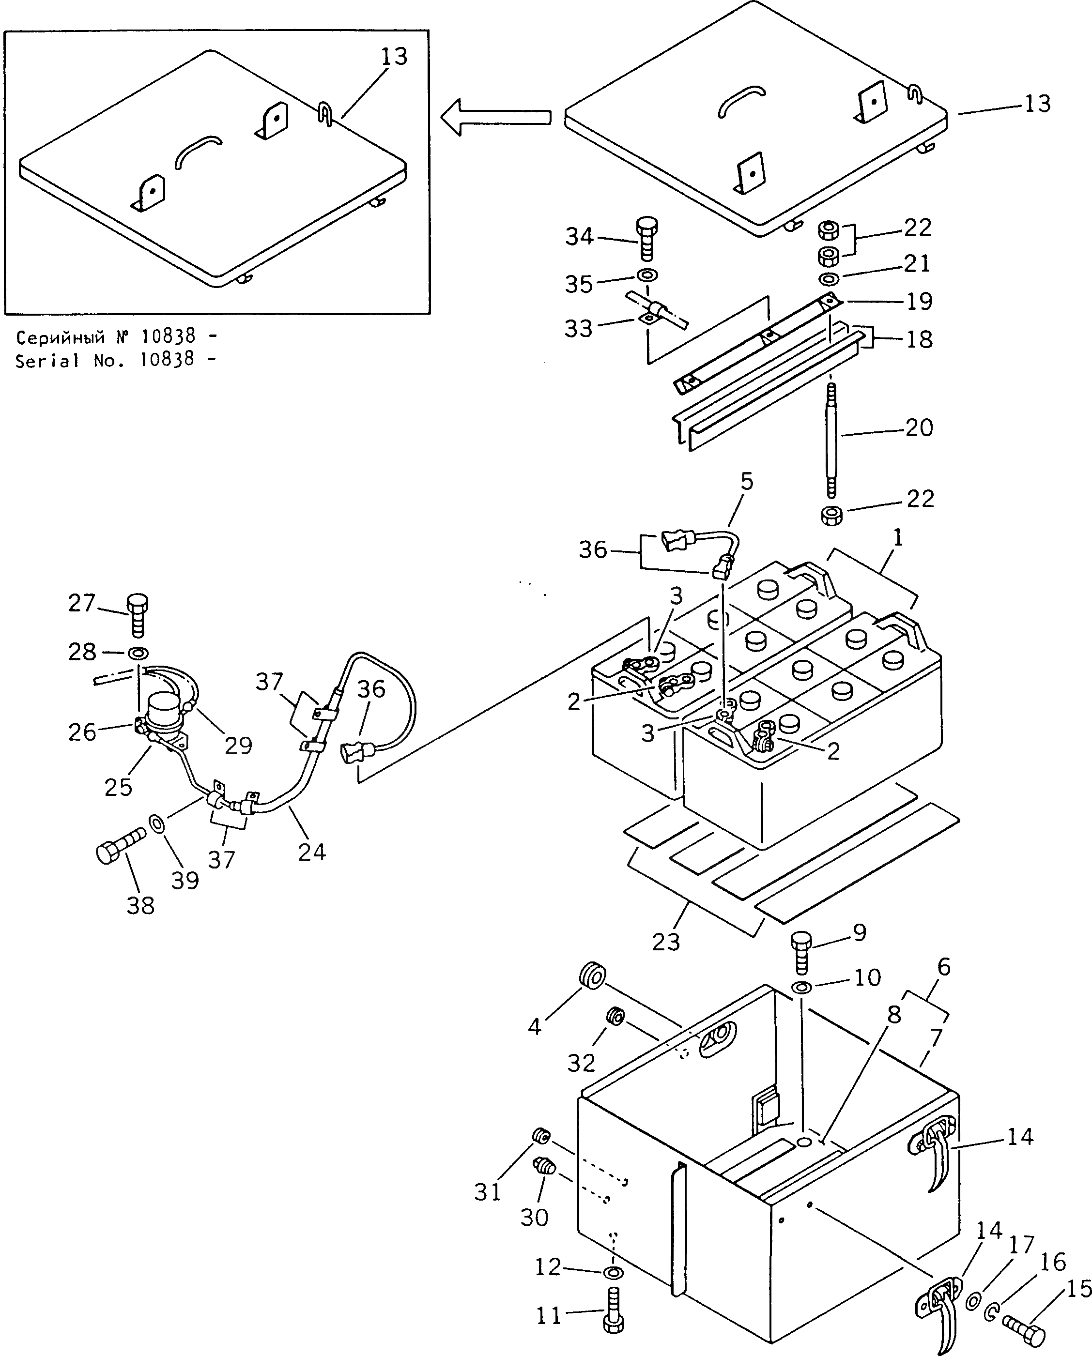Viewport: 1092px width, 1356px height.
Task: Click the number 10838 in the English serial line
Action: pos(168,360)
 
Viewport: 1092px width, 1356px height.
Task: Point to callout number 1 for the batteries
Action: pos(898,538)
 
